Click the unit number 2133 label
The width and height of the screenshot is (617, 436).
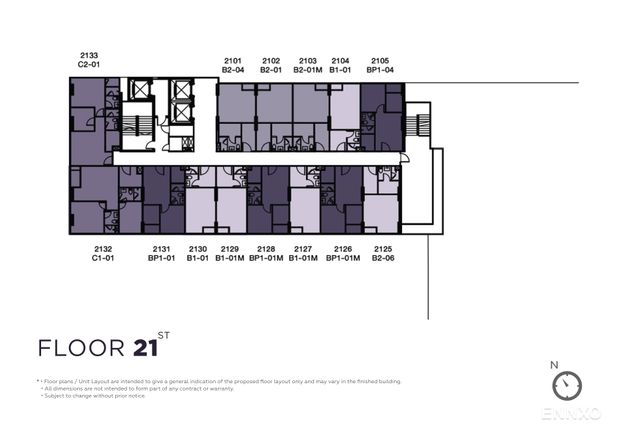pyautogui.click(x=89, y=56)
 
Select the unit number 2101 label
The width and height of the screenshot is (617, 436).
pyautogui.click(x=233, y=61)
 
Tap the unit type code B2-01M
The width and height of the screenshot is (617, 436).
pyautogui.click(x=307, y=70)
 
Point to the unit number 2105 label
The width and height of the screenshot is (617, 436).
pyautogui.click(x=380, y=61)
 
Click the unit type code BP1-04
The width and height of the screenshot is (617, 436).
pyautogui.click(x=380, y=70)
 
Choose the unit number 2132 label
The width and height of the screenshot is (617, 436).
pyautogui.click(x=103, y=249)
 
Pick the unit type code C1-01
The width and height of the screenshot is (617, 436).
pyautogui.click(x=103, y=258)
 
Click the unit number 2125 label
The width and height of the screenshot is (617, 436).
pyautogui.click(x=383, y=249)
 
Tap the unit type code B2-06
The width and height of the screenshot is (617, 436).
pyautogui.click(x=383, y=258)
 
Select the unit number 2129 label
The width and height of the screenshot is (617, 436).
pyautogui.click(x=230, y=249)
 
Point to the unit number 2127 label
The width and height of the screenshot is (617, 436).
pyautogui.click(x=303, y=249)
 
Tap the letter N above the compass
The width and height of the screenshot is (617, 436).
pyautogui.click(x=554, y=365)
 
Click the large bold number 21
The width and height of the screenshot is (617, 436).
pyautogui.click(x=145, y=348)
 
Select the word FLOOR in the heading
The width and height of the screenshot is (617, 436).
pyautogui.click(x=81, y=348)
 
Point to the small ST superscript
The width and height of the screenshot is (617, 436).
pyautogui.click(x=164, y=336)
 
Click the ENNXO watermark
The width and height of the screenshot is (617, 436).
pyautogui.click(x=572, y=413)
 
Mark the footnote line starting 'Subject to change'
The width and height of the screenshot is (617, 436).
pyautogui.click(x=93, y=396)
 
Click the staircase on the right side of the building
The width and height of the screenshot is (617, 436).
pyautogui.click(x=422, y=125)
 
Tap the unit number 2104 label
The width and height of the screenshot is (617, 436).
pyautogui.click(x=340, y=61)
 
